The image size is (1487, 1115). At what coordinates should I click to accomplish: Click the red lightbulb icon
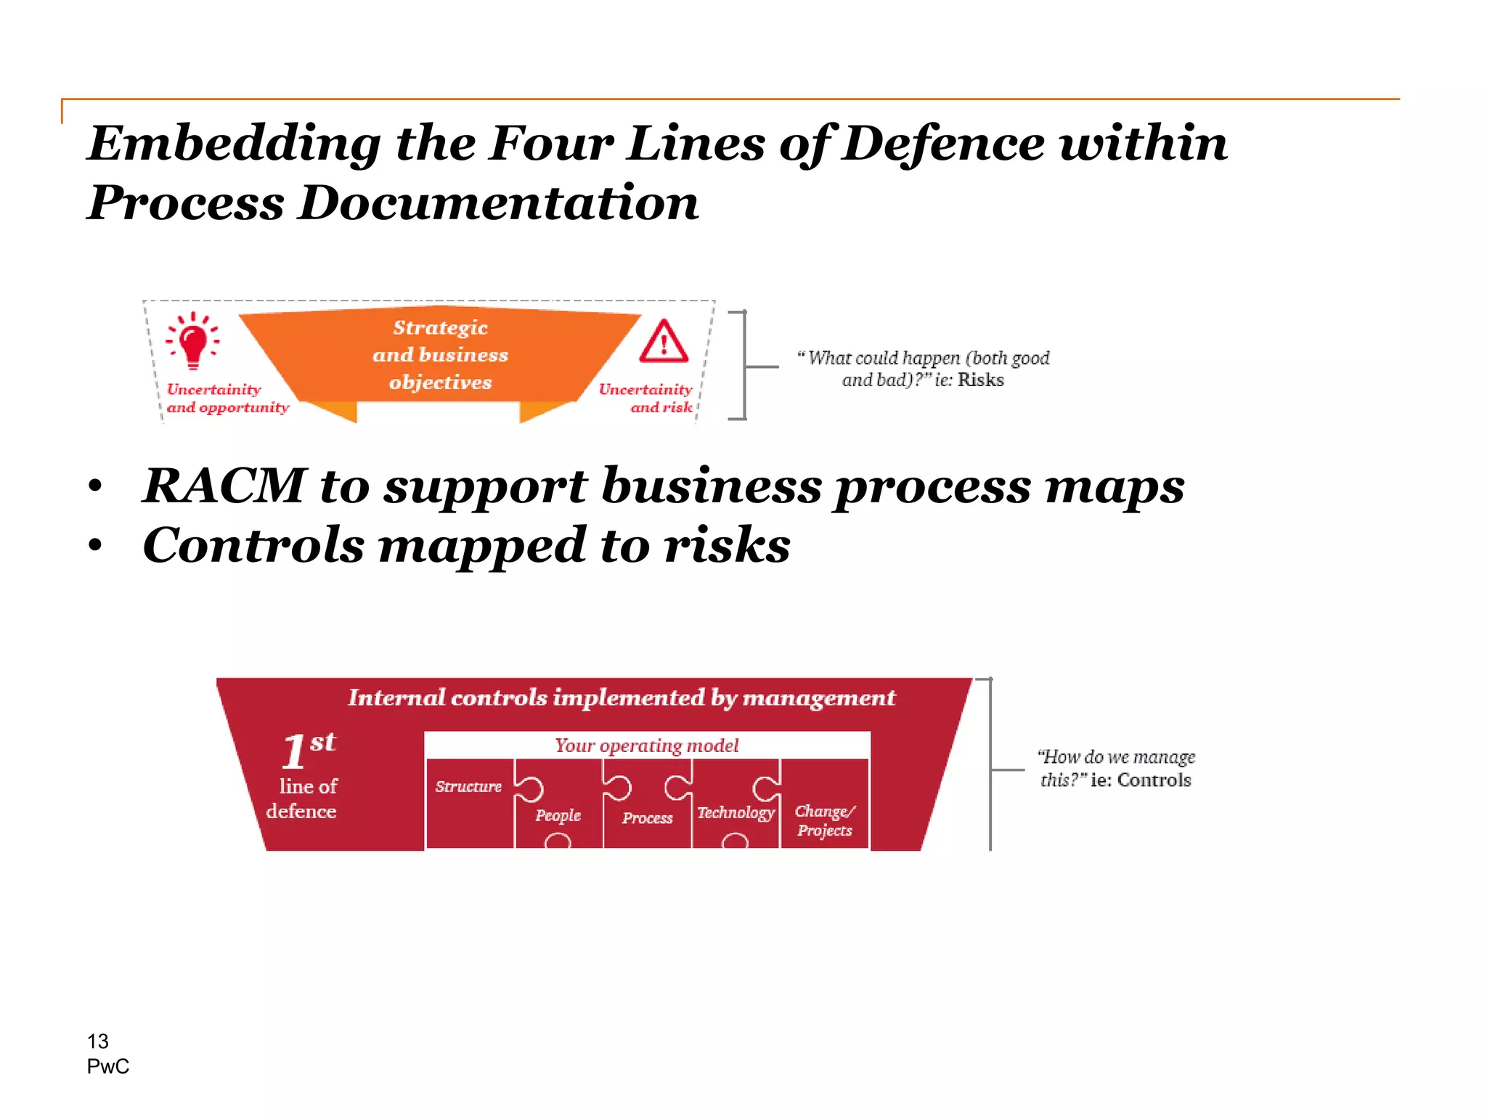pyautogui.click(x=193, y=340)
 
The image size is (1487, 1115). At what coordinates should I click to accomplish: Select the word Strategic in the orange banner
pyautogui.click(x=440, y=328)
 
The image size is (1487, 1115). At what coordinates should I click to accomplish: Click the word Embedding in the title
pyautogui.click(x=234, y=143)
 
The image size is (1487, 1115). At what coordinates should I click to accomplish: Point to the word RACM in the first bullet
pyautogui.click(x=224, y=486)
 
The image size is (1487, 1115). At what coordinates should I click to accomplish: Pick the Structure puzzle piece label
pyautogui.click(x=468, y=787)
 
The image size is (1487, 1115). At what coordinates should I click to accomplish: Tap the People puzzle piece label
pyautogui.click(x=558, y=816)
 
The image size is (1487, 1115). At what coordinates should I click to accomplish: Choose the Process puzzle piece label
pyautogui.click(x=647, y=818)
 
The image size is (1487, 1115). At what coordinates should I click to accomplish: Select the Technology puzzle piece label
pyautogui.click(x=736, y=813)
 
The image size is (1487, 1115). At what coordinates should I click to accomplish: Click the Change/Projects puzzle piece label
pyautogui.click(x=825, y=821)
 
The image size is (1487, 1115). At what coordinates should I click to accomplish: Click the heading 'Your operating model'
pyautogui.click(x=646, y=746)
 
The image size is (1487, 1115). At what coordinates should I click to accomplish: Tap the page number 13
pyautogui.click(x=98, y=1042)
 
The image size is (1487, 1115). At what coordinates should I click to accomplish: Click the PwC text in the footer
pyautogui.click(x=108, y=1066)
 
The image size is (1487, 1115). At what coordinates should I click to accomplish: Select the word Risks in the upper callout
pyautogui.click(x=980, y=380)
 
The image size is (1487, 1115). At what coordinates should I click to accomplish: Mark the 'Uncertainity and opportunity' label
pyautogui.click(x=227, y=399)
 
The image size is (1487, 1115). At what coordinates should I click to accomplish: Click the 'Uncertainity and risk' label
pyautogui.click(x=645, y=399)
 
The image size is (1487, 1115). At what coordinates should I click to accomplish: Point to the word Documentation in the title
pyautogui.click(x=499, y=203)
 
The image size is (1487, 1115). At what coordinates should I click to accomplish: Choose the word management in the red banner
pyautogui.click(x=819, y=698)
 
